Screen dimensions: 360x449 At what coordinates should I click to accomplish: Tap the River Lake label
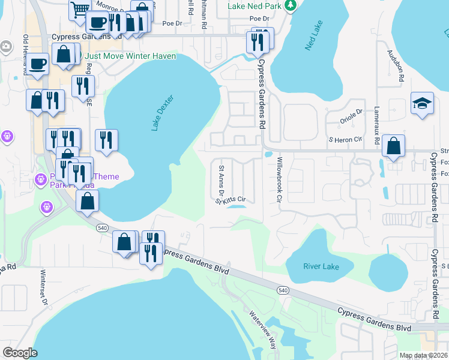pyautogui.click(x=321, y=266)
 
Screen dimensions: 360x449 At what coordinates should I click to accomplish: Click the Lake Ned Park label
pyautogui.click(x=255, y=7)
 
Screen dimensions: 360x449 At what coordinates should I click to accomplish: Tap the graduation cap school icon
pyautogui.click(x=422, y=104)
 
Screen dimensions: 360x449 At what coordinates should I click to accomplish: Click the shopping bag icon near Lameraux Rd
pyautogui.click(x=393, y=146)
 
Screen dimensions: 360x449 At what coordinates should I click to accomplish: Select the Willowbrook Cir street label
pyautogui.click(x=279, y=179)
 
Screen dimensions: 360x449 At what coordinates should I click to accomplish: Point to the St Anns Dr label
pyautogui.click(x=221, y=181)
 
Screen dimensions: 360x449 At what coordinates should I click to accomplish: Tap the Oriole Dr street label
pyautogui.click(x=352, y=112)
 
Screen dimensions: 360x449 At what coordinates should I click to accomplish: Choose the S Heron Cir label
pyautogui.click(x=345, y=139)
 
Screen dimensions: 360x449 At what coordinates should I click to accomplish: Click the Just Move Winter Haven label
pyautogui.click(x=130, y=56)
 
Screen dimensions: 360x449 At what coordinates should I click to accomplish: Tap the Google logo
pyautogui.click(x=20, y=352)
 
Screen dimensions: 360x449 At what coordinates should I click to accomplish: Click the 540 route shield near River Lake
pyautogui.click(x=283, y=290)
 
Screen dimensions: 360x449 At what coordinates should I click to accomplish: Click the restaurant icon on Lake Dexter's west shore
pyautogui.click(x=106, y=140)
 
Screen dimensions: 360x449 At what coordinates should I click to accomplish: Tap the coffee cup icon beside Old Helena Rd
pyautogui.click(x=37, y=64)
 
